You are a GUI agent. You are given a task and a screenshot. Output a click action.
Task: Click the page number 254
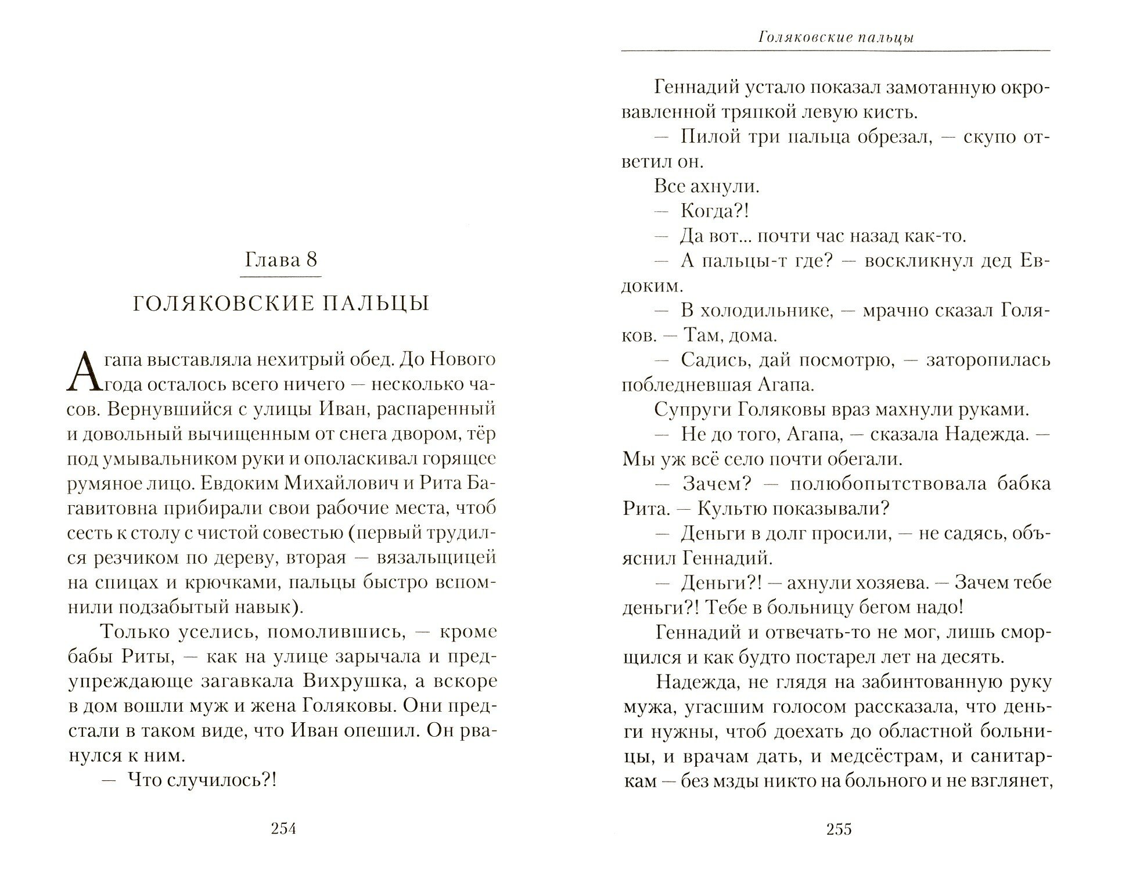283,829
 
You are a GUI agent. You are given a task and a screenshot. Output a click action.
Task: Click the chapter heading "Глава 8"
281,259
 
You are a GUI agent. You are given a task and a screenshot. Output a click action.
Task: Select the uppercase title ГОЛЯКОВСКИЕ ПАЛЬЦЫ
281,304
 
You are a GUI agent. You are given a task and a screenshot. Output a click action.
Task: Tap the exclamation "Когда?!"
714,211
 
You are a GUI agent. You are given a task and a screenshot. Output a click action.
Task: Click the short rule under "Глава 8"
281,277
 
